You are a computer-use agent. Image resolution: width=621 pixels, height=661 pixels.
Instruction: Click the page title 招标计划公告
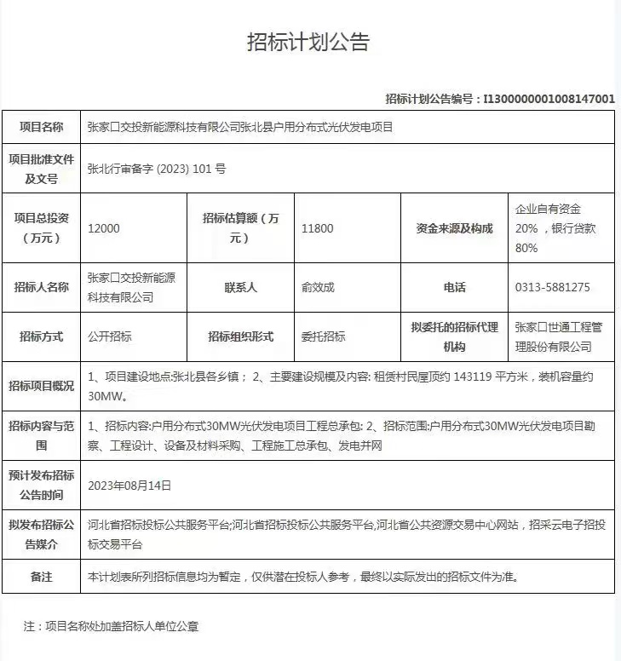coord(308,43)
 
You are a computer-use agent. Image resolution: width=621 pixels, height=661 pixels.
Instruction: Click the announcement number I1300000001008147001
coord(549,99)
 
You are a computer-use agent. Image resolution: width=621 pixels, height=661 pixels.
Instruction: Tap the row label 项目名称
coord(41,128)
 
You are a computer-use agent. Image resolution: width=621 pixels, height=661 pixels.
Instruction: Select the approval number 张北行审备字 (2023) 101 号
coord(157,169)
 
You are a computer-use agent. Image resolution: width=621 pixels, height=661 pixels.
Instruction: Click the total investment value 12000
coord(104,228)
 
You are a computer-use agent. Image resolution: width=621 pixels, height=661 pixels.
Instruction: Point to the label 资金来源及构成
coord(454,228)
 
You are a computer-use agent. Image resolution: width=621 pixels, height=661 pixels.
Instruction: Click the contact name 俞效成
coord(318,288)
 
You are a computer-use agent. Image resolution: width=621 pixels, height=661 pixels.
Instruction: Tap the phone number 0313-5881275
coord(552,288)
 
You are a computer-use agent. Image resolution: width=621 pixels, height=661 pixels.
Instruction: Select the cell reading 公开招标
coord(110,336)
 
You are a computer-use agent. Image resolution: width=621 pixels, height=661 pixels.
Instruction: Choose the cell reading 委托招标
coord(324,336)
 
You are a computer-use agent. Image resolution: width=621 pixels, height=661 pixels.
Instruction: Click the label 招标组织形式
coord(240,336)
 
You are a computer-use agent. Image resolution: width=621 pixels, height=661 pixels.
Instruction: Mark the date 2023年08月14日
coord(130,486)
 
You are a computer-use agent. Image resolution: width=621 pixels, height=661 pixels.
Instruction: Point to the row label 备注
coord(41,577)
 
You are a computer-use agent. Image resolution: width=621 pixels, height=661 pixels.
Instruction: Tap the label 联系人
coord(240,288)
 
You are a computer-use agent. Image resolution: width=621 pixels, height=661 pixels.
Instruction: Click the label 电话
coord(454,288)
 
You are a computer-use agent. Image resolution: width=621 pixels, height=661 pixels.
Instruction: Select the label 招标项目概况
coord(41,386)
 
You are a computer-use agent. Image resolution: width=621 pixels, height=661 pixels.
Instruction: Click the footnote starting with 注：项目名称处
coord(111,626)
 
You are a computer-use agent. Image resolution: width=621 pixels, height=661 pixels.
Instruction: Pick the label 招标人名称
coord(41,288)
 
